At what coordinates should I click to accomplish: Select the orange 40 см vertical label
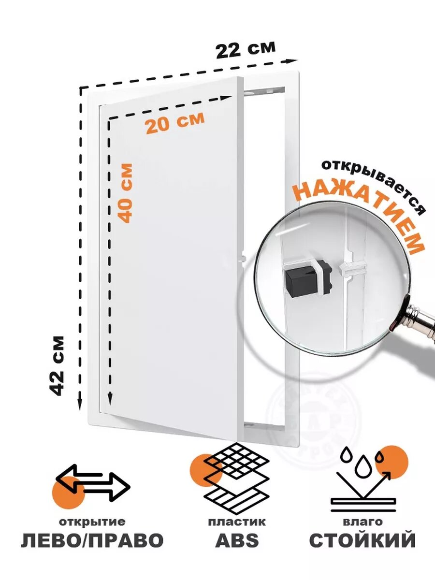point(125,192)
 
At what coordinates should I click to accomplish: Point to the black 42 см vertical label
point(58,365)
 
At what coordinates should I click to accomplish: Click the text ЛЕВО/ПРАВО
point(92,540)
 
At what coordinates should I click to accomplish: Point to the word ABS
point(237,540)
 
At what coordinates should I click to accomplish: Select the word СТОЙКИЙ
point(362,540)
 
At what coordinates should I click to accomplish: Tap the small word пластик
point(237,522)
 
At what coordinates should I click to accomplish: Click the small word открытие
point(92,522)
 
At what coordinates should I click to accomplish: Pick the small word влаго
point(362,522)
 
